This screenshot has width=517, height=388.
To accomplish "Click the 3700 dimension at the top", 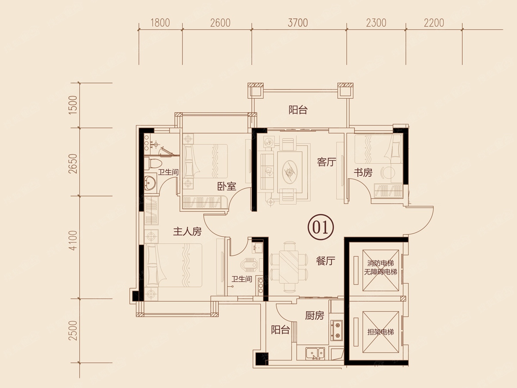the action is click(x=298, y=23).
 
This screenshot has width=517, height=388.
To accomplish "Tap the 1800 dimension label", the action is click(x=160, y=23).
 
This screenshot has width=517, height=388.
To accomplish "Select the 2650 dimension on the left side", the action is click(x=73, y=164).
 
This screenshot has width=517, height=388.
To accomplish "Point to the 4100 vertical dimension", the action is click(x=73, y=240).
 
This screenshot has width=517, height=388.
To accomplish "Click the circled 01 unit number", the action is click(x=321, y=227).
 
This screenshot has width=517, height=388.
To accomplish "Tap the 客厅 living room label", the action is click(x=327, y=162).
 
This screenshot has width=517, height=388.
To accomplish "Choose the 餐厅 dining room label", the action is click(x=326, y=261).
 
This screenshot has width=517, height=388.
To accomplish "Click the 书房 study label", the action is click(x=363, y=173).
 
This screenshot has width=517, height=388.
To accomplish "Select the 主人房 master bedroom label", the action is click(x=187, y=232).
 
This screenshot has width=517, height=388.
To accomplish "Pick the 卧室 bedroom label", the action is click(x=226, y=187).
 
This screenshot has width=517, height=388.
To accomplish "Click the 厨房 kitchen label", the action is click(x=315, y=316).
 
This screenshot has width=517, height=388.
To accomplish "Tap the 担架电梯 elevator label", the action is click(x=380, y=332).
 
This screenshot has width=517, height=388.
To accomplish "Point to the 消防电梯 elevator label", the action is click(x=380, y=263).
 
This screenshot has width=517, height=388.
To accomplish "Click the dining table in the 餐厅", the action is click(x=289, y=267).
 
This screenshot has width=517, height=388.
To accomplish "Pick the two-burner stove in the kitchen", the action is click(x=336, y=330).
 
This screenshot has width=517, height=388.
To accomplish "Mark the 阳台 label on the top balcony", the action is click(x=298, y=110).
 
